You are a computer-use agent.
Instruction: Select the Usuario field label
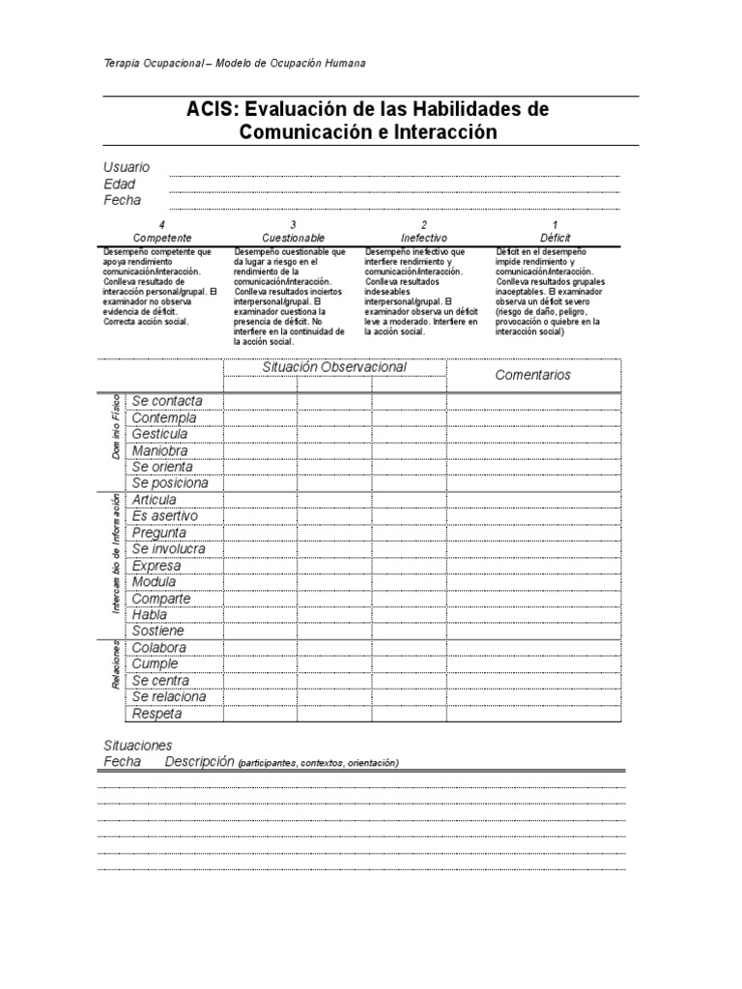(x=127, y=167)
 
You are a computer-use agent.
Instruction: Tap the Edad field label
(x=120, y=184)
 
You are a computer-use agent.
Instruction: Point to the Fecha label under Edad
(x=122, y=200)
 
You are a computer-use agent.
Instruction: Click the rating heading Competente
(x=162, y=238)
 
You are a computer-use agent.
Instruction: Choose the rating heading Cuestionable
(x=293, y=238)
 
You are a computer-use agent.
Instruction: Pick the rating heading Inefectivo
(x=424, y=238)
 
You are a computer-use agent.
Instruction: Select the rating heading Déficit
(x=556, y=238)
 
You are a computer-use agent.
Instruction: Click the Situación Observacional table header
(x=334, y=367)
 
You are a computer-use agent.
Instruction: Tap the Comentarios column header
(x=532, y=375)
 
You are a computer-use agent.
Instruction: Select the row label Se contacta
(x=167, y=401)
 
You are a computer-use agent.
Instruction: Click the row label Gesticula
(x=159, y=434)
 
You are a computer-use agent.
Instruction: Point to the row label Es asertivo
(x=165, y=516)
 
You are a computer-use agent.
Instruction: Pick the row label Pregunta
(x=159, y=532)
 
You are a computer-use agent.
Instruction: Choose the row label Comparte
(x=161, y=598)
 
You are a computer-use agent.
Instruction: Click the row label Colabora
(x=159, y=647)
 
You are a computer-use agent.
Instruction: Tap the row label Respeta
(x=157, y=714)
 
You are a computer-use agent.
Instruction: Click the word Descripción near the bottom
(x=200, y=761)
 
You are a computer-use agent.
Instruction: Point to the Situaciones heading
(x=138, y=745)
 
